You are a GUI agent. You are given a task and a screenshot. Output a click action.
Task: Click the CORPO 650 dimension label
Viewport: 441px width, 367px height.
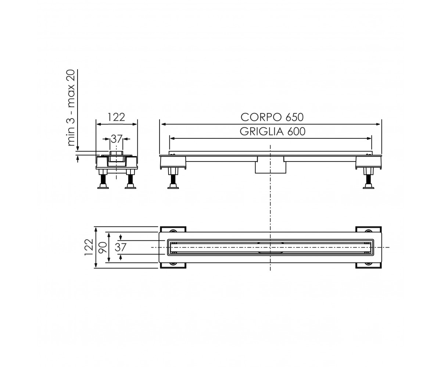(272, 117)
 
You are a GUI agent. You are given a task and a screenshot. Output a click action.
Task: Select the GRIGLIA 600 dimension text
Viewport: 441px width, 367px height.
(272, 132)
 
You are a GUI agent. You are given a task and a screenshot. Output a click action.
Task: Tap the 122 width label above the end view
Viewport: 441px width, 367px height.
(116, 117)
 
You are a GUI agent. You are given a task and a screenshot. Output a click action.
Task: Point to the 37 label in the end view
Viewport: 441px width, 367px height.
(116, 139)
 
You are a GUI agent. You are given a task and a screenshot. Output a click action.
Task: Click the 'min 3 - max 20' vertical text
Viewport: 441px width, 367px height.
(71, 108)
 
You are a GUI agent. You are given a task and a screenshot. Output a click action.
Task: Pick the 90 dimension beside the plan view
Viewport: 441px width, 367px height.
(103, 248)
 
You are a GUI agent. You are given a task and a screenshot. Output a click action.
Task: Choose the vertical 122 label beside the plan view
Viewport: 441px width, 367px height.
(89, 247)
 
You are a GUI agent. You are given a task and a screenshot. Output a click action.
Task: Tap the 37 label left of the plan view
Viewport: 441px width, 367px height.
(121, 247)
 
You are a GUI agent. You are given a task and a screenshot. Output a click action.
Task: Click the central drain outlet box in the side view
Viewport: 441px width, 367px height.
(270, 165)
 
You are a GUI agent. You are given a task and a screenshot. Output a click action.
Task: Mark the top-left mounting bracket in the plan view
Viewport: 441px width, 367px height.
(173, 229)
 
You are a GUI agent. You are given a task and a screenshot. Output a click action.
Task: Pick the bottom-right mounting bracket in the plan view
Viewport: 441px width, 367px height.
(369, 265)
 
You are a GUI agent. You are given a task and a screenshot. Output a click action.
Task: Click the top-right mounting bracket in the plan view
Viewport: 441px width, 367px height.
(369, 229)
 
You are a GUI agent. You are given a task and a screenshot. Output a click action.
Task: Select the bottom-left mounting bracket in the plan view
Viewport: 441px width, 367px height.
(173, 265)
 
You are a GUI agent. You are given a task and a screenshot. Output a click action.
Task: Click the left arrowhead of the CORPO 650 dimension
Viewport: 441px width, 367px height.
(163, 124)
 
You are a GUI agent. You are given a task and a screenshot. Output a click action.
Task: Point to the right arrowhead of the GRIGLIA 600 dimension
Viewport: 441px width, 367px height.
(369, 139)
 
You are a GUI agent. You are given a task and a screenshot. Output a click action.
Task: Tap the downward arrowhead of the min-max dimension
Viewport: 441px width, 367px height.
(78, 149)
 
